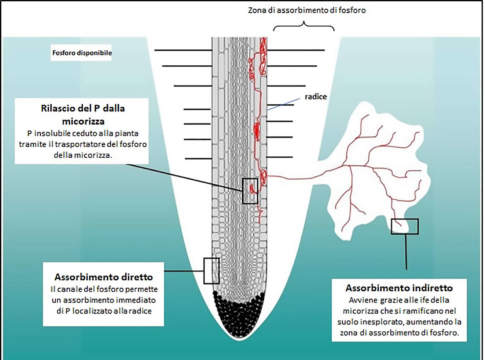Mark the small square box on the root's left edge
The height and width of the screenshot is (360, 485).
pyautogui.click(x=210, y=268)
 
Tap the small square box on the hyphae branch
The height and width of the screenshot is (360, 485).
pyautogui.click(x=405, y=226)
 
